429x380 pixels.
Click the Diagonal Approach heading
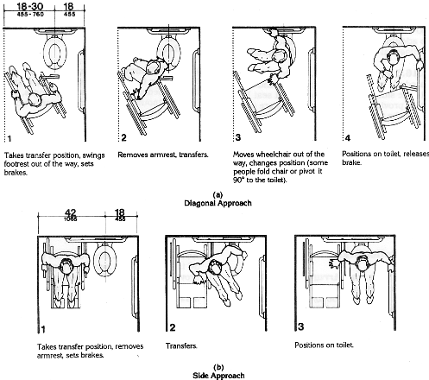216,204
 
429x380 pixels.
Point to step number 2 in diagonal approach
123,138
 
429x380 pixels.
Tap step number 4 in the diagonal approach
347,138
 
